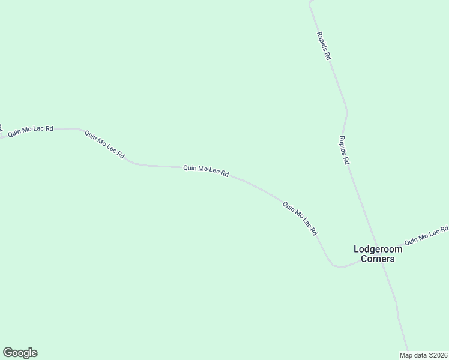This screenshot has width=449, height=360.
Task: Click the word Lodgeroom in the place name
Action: pos(378,250)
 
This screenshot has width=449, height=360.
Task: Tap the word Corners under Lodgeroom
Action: pos(378,259)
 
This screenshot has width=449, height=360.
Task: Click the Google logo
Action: pos(20,353)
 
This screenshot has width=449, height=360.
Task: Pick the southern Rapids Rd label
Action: pos(344,150)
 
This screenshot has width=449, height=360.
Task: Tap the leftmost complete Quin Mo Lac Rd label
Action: pos(31,131)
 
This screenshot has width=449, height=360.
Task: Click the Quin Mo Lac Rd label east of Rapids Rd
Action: pos(426,236)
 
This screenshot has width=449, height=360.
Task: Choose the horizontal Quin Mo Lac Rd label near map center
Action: pos(206,171)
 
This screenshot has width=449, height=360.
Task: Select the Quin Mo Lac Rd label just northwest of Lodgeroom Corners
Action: pos(300,218)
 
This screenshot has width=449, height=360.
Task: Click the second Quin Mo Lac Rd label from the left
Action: pos(104,145)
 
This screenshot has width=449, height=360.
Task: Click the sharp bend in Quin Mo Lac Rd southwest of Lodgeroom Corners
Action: pos(332,264)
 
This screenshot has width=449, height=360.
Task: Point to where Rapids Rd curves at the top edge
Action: pos(310,5)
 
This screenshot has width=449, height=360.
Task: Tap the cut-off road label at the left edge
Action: pos(1,128)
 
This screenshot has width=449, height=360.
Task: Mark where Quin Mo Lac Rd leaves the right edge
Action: pos(447,227)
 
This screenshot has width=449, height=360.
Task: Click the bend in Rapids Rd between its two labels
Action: pos(346,111)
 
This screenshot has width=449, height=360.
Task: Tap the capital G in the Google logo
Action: pos(8,352)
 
